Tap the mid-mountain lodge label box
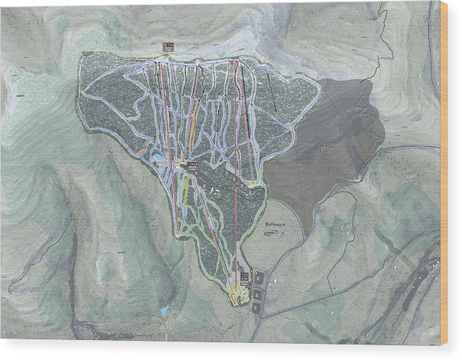pyautogui.click(x=191, y=164)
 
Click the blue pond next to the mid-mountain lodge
pyautogui.click(x=157, y=158)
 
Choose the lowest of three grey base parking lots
pyautogui.click(x=256, y=305)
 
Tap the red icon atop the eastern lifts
pyautogui.click(x=235, y=61)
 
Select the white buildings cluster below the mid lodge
pyautogui.click(x=214, y=191)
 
